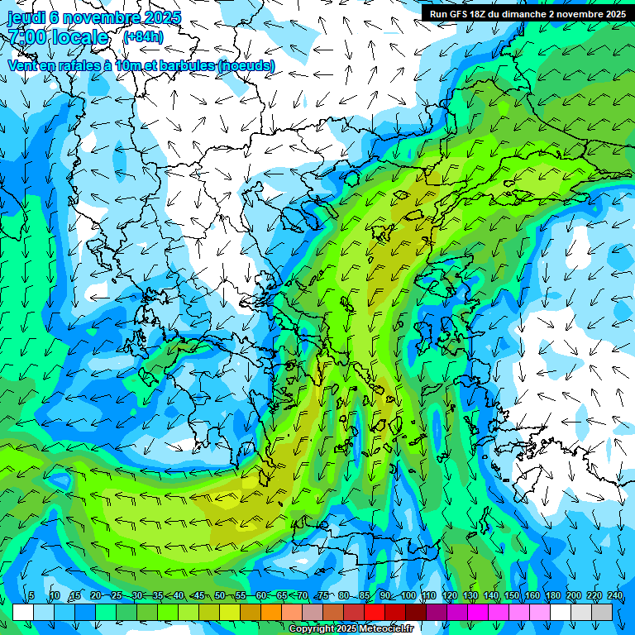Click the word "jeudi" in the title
pyautogui.click(x=26, y=18)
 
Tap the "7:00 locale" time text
pyautogui.click(x=58, y=38)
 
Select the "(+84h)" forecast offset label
pyautogui.click(x=143, y=36)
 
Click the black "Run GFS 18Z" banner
pyautogui.click(x=526, y=13)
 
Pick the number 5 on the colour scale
pyautogui.click(x=31, y=596)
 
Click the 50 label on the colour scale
pyautogui.click(x=220, y=596)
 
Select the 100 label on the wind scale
pyautogui.click(x=408, y=596)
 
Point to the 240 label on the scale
pyautogui.click(x=615, y=596)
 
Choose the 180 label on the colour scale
pyautogui.click(x=552, y=596)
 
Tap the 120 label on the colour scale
pyautogui.click(x=450, y=596)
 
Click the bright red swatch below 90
pyautogui.click(x=375, y=612)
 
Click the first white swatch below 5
pyautogui.click(x=23, y=612)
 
